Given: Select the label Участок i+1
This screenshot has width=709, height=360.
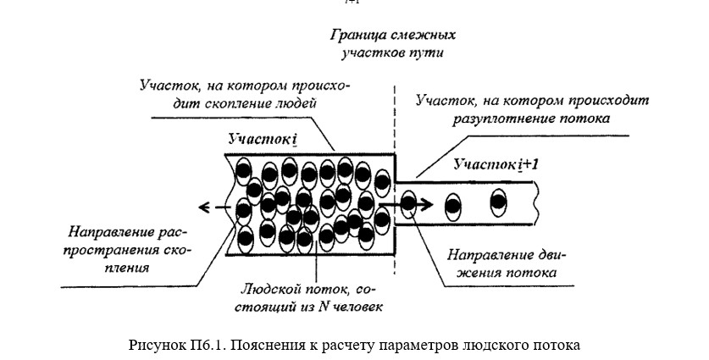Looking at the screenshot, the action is pyautogui.click(x=496, y=164).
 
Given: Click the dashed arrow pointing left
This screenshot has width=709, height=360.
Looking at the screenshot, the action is pyautogui.click(x=215, y=208).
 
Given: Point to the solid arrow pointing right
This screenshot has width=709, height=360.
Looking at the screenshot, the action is pyautogui.click(x=406, y=204).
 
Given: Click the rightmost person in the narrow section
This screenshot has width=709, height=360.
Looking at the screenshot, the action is pyautogui.click(x=498, y=202).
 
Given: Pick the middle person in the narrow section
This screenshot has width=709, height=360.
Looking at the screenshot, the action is pyautogui.click(x=453, y=207).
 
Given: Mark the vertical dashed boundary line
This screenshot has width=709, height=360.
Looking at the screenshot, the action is pyautogui.click(x=395, y=180).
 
